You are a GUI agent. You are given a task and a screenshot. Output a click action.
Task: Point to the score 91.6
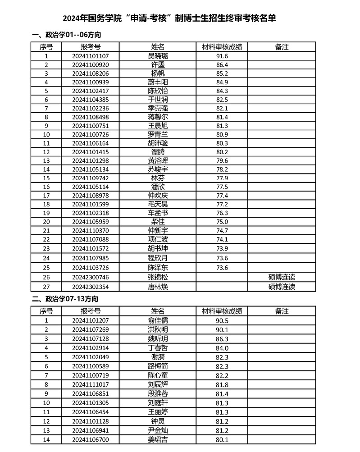(x=222, y=56)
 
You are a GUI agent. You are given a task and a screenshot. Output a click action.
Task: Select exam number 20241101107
(x=91, y=56)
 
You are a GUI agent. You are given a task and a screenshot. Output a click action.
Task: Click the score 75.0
(x=222, y=222)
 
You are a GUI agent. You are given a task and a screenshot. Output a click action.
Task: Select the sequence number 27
(x=46, y=287)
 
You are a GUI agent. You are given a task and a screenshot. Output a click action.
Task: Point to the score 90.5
(x=222, y=320)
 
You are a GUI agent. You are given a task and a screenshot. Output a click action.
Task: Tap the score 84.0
(x=222, y=348)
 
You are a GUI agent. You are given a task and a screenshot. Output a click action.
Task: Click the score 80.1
(x=222, y=439)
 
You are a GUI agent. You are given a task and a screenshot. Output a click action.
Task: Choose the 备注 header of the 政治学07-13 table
(x=281, y=311)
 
